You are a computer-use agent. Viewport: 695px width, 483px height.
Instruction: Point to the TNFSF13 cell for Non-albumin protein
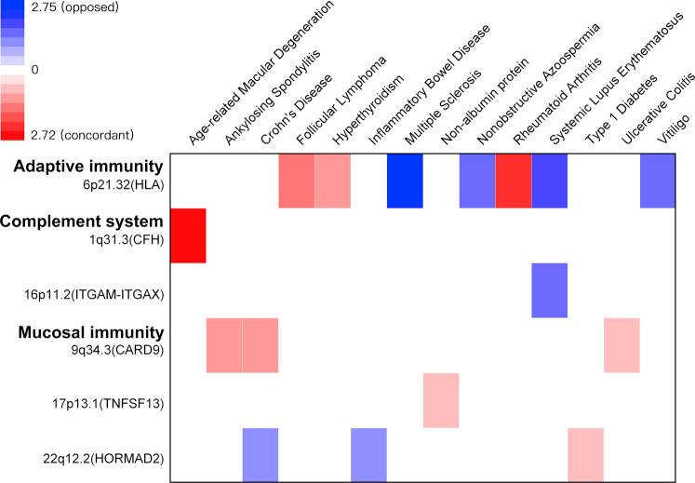tap(441, 400)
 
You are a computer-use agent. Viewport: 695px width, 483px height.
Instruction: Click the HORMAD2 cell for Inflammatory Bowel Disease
tap(368, 455)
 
